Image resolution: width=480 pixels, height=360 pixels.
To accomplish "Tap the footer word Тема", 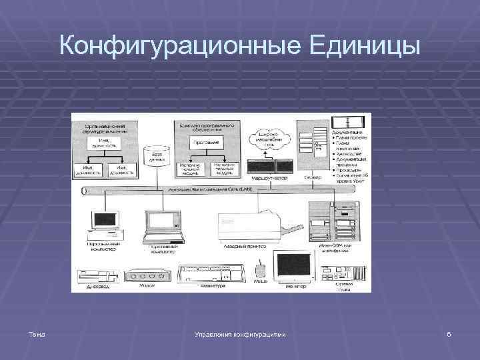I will click(x=37, y=333).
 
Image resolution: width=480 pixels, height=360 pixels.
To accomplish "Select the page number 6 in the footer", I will click(x=449, y=333).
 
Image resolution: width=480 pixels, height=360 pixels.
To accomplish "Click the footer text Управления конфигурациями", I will click(x=239, y=333).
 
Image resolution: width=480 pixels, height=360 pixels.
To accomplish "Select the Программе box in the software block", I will click(x=207, y=143).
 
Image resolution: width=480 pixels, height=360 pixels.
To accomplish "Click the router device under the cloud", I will click(x=270, y=168).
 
